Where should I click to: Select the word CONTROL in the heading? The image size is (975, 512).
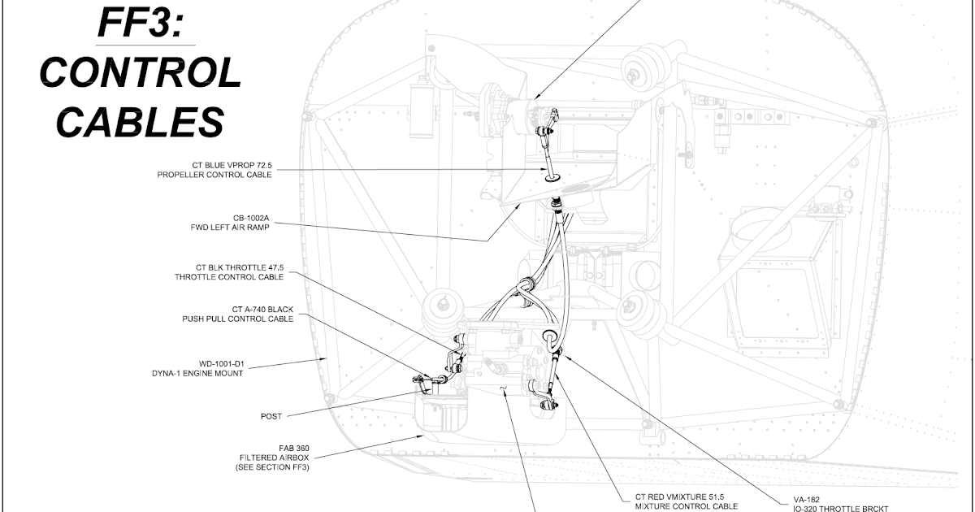(141, 73)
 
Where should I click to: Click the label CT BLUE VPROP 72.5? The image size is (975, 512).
(227, 165)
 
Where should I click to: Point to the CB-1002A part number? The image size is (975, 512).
(251, 218)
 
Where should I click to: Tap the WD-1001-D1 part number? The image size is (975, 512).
(220, 363)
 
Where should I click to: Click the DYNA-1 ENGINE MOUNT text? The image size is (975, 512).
(197, 373)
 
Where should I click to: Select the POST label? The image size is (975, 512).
(271, 416)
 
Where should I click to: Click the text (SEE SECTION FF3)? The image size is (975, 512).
(272, 468)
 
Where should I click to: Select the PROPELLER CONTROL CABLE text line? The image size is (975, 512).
(214, 175)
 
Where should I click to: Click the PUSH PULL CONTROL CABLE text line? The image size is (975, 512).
(237, 319)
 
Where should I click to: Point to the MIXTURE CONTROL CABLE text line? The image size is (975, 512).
(686, 506)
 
